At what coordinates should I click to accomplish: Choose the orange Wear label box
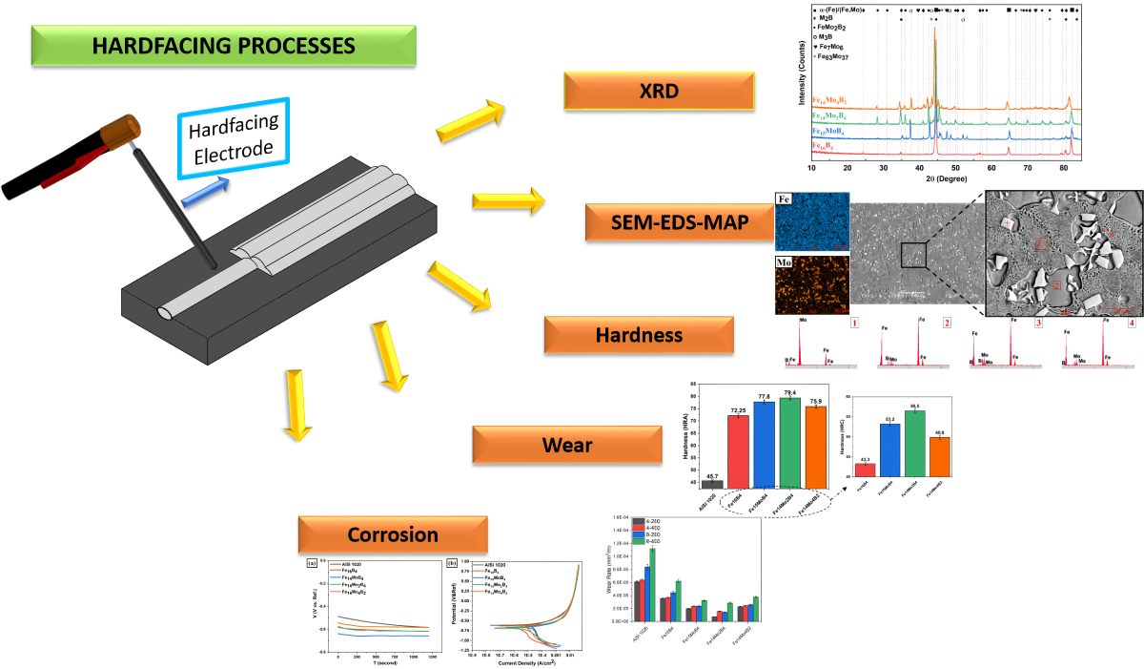pyautogui.click(x=567, y=445)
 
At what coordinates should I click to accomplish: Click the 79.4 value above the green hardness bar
pyautogui.click(x=790, y=392)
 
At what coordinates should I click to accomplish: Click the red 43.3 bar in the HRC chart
pyautogui.click(x=865, y=470)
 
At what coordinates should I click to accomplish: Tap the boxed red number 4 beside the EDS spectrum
pyautogui.click(x=1133, y=324)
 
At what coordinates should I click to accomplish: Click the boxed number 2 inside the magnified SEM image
pyautogui.click(x=1056, y=284)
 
